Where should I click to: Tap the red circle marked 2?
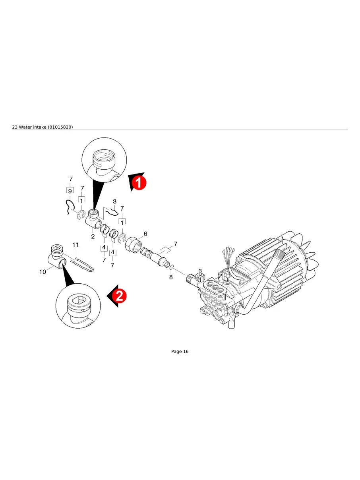point(119,296)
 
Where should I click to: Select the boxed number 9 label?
point(70,192)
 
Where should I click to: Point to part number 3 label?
point(114,201)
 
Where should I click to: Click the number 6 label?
point(145,234)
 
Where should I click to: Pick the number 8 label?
point(171,277)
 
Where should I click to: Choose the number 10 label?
point(43,272)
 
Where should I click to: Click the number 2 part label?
point(93,237)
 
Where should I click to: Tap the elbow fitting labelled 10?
point(56,258)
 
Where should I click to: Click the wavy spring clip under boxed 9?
point(70,207)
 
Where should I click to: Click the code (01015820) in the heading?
point(60,127)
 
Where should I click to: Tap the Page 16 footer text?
point(180,352)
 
